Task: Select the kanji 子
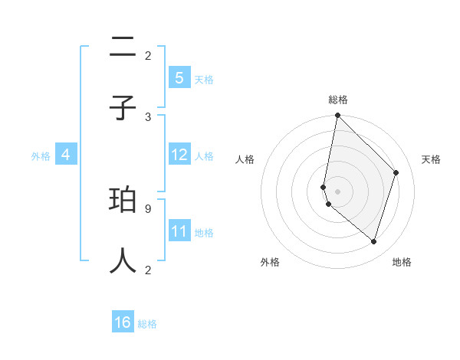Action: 123,108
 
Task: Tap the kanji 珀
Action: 123,201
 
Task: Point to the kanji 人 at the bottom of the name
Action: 123,260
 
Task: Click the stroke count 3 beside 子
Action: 148,116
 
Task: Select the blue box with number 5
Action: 179,77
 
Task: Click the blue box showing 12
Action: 179,154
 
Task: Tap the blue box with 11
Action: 179,231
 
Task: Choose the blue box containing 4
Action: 66,154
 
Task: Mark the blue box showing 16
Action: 123,322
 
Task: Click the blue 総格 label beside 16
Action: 147,324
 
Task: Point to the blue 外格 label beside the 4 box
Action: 41,155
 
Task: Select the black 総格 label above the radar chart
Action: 338,100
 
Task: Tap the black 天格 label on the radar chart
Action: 432,159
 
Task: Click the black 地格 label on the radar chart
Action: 402,262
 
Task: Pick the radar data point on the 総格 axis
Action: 337,115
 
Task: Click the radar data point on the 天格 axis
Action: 396,172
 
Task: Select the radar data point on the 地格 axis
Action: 373,241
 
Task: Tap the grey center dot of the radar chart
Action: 337,191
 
